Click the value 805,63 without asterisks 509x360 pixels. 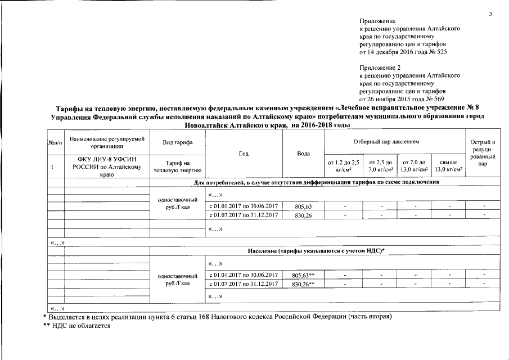[303, 206]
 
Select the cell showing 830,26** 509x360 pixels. [303, 284]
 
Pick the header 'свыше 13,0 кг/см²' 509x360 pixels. [448, 166]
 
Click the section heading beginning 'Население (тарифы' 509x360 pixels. [319, 249]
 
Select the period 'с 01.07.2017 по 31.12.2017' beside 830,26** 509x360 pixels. [244, 284]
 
